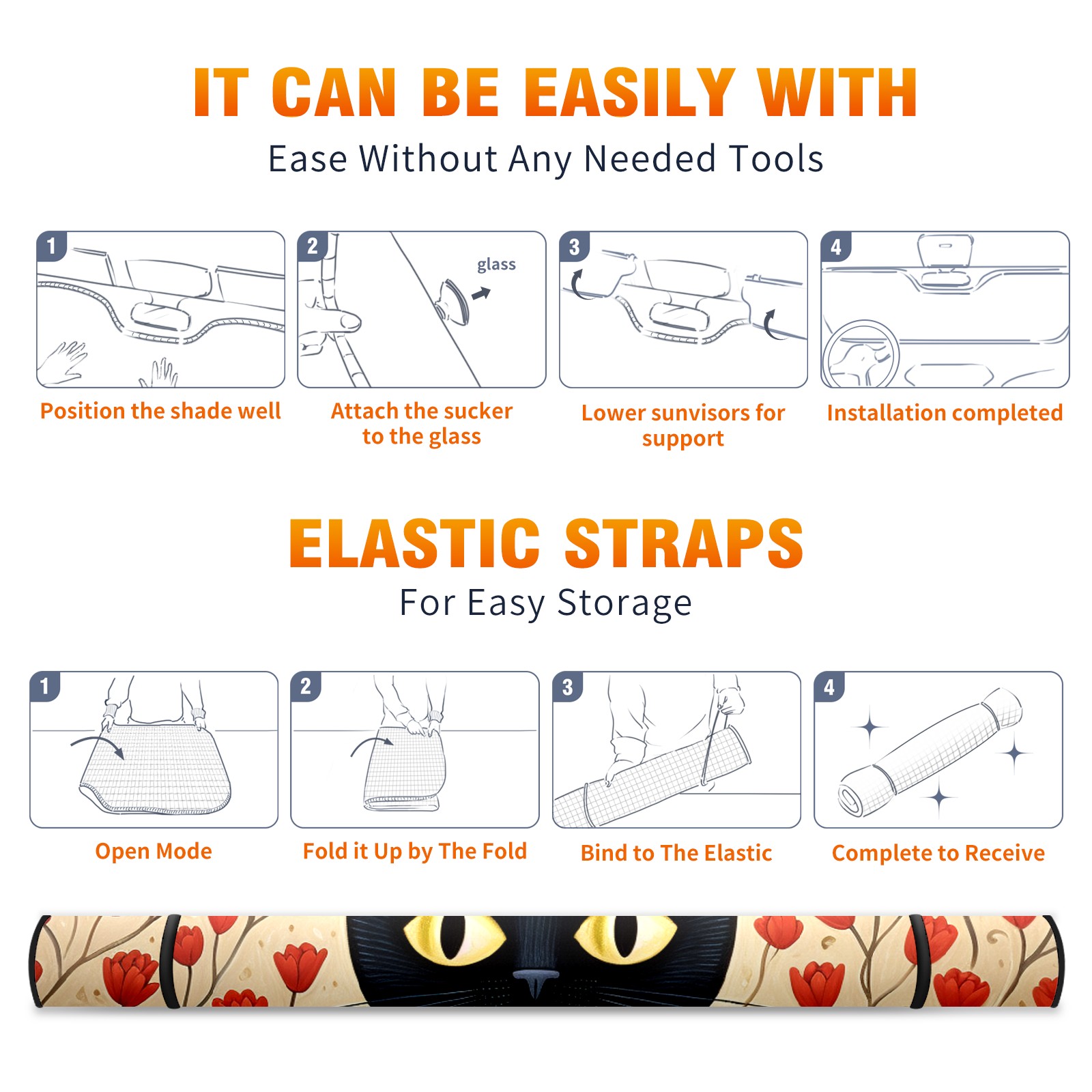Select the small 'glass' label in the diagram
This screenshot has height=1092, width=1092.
[496, 265]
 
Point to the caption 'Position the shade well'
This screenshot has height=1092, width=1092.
[160, 411]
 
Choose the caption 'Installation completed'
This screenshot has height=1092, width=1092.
[945, 412]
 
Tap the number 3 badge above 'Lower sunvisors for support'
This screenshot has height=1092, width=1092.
[574, 247]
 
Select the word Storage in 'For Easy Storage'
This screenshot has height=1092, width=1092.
[624, 603]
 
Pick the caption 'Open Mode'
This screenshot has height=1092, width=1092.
[154, 851]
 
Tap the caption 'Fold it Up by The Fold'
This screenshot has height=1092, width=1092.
[415, 851]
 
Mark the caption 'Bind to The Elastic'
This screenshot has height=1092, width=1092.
[676, 852]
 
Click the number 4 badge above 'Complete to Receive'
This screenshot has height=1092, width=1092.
[829, 687]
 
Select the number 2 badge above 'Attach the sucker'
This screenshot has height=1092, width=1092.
[313, 247]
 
